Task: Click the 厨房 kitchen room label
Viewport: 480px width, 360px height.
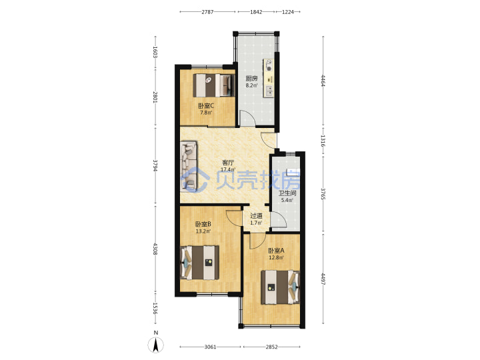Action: [251, 79]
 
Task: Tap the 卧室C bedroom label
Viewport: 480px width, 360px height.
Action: [206, 106]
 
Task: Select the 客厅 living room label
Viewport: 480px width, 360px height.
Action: [228, 163]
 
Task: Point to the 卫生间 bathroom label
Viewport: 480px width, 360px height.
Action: [287, 193]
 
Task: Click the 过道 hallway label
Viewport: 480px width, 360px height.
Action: [256, 215]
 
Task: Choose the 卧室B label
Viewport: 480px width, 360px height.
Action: [203, 224]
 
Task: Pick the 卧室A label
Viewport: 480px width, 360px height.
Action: [276, 251]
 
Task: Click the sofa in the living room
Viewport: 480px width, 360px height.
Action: [189, 166]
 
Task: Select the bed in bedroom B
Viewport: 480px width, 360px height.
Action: [199, 263]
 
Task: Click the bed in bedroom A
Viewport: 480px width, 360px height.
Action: [280, 287]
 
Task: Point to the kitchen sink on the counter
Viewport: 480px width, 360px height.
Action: [269, 91]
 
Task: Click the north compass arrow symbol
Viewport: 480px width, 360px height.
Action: [156, 345]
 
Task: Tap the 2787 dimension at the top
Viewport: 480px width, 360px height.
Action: [207, 12]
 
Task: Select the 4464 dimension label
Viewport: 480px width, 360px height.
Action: [323, 81]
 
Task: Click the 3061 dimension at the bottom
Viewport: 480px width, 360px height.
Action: [210, 347]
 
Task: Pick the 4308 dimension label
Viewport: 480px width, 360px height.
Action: [155, 249]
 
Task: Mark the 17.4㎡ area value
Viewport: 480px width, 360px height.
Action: [228, 169]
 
